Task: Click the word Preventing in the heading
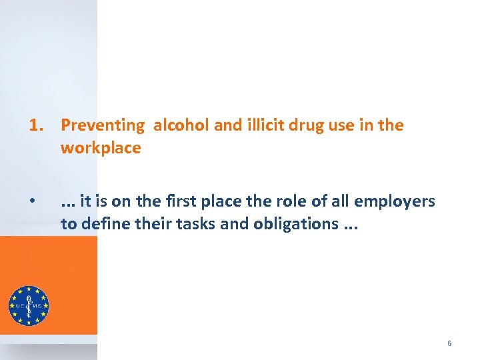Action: click(x=102, y=125)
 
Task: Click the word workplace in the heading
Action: click(x=101, y=148)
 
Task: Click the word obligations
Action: click(x=295, y=223)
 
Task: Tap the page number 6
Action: click(x=449, y=343)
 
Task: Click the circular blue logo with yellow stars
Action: click(x=29, y=305)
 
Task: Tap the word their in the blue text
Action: click(x=153, y=223)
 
